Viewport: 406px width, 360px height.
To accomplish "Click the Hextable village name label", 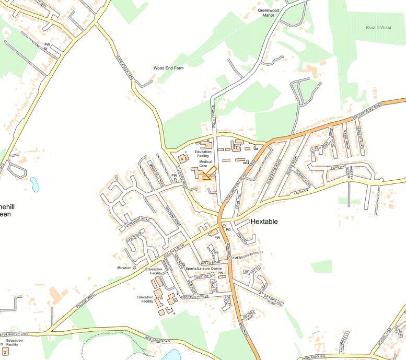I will click(264, 222).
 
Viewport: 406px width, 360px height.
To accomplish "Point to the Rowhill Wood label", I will click(378, 27).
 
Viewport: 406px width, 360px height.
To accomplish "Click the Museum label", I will click(124, 268).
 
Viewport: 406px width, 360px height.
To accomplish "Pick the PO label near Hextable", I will click(227, 229).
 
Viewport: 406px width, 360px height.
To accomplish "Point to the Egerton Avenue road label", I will click(195, 296).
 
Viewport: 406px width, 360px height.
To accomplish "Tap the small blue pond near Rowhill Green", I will click(34, 184).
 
